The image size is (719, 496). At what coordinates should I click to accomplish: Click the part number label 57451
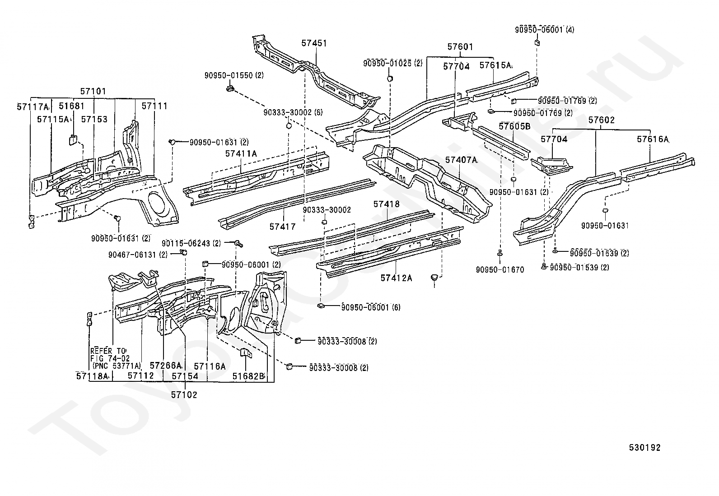[x=314, y=43]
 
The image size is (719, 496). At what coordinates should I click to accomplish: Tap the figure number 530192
[x=645, y=448]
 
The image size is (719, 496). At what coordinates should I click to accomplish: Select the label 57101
[x=93, y=91]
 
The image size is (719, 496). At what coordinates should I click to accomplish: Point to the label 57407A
[x=461, y=159]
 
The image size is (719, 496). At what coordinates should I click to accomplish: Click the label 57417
[x=282, y=227]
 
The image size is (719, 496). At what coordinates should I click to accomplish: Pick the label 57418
[x=387, y=204]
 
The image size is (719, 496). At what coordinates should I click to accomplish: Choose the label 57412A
[x=396, y=278]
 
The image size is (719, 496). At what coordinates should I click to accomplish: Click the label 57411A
[x=241, y=153]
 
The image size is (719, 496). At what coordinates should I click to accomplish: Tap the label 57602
[x=602, y=120]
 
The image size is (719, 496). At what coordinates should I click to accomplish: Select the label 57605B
[x=514, y=126]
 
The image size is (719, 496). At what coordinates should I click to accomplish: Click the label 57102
[x=184, y=394]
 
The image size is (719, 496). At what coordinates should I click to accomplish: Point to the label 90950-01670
[x=500, y=270]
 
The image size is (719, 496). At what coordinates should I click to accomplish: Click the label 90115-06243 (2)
[x=191, y=244]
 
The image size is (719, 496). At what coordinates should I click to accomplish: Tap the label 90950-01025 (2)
[x=393, y=63]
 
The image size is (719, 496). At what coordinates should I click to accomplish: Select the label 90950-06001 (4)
[x=545, y=30]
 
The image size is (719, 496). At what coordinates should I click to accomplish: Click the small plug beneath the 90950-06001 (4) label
[x=537, y=43]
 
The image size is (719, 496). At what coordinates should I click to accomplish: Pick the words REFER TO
[x=108, y=351]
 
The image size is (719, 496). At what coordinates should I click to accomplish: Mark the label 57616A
[x=653, y=139]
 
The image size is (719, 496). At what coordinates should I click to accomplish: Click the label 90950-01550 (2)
[x=234, y=75]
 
